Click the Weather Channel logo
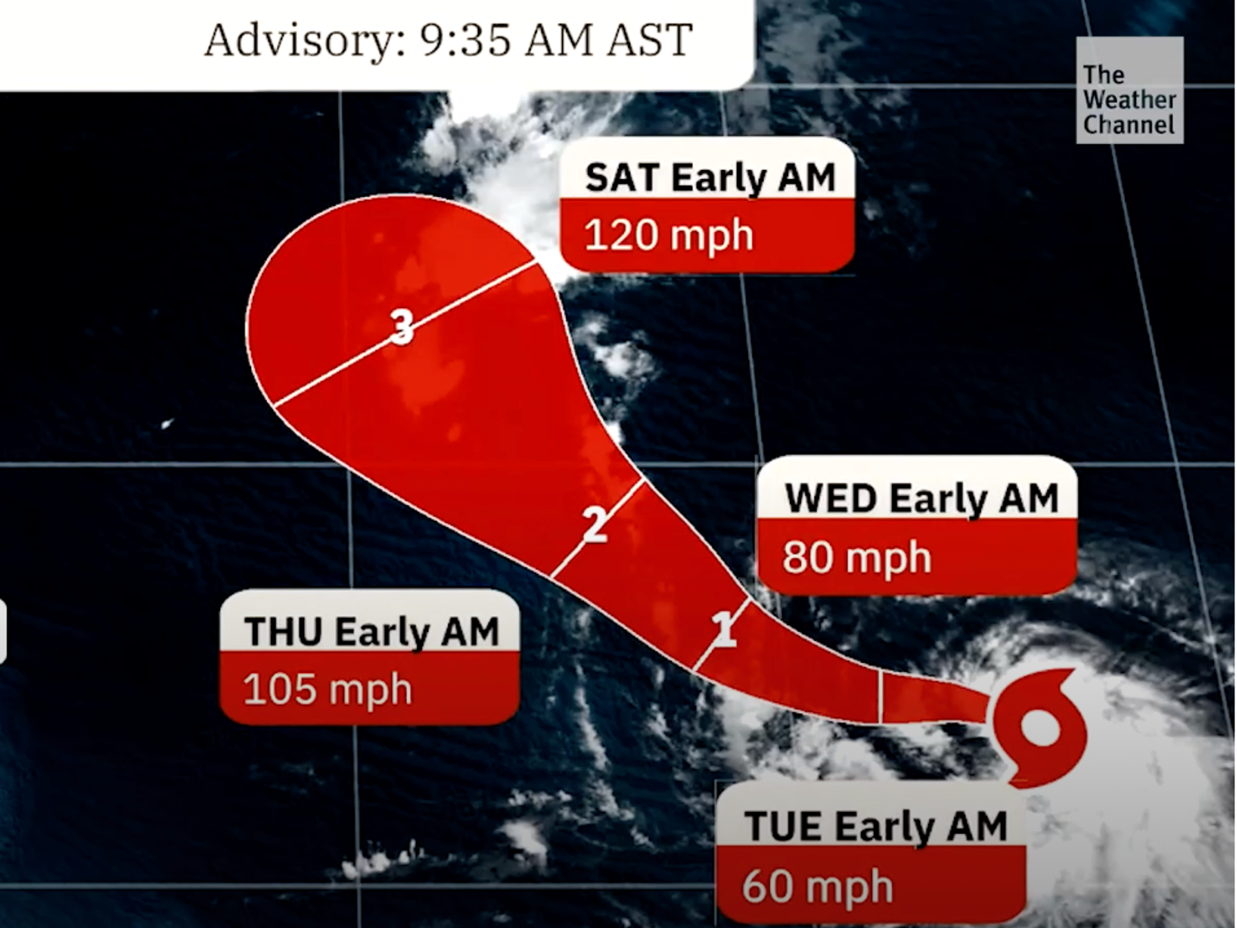coord(1129,91)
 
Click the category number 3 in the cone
coord(403,326)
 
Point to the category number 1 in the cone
coord(725,630)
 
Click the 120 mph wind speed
coord(669,236)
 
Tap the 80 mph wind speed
coord(857,557)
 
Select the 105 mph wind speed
coord(327,689)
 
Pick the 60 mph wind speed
coord(817,887)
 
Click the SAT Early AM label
coord(710,178)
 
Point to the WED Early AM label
coord(922,499)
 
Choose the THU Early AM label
coord(371,632)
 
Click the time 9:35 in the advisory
coord(466,40)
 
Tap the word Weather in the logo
coord(1129,100)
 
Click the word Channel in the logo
coord(1129,125)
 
